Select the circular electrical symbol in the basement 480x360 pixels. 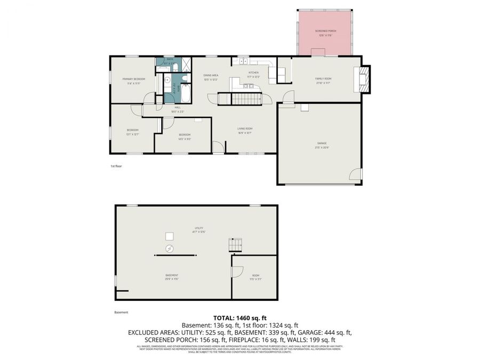point(170,249)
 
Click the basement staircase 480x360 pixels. point(235,245)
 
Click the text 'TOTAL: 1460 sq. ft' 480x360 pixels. point(239,317)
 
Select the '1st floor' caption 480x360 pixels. point(116,166)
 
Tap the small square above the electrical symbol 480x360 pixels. point(170,236)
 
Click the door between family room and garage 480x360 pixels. point(288,98)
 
